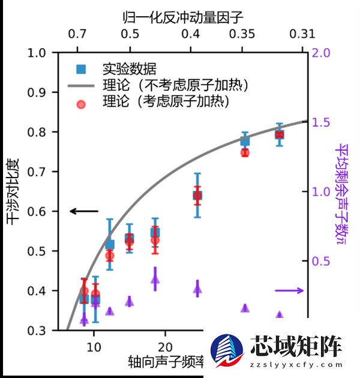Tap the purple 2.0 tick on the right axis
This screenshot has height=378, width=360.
tap(322, 53)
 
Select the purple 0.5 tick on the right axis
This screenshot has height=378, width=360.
tap(322, 261)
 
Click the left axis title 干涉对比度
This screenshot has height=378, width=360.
tap(13, 191)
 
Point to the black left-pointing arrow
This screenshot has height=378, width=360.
tap(83, 211)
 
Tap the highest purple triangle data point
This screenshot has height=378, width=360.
tap(155, 279)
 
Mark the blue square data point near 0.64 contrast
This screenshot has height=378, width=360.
tap(197, 195)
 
